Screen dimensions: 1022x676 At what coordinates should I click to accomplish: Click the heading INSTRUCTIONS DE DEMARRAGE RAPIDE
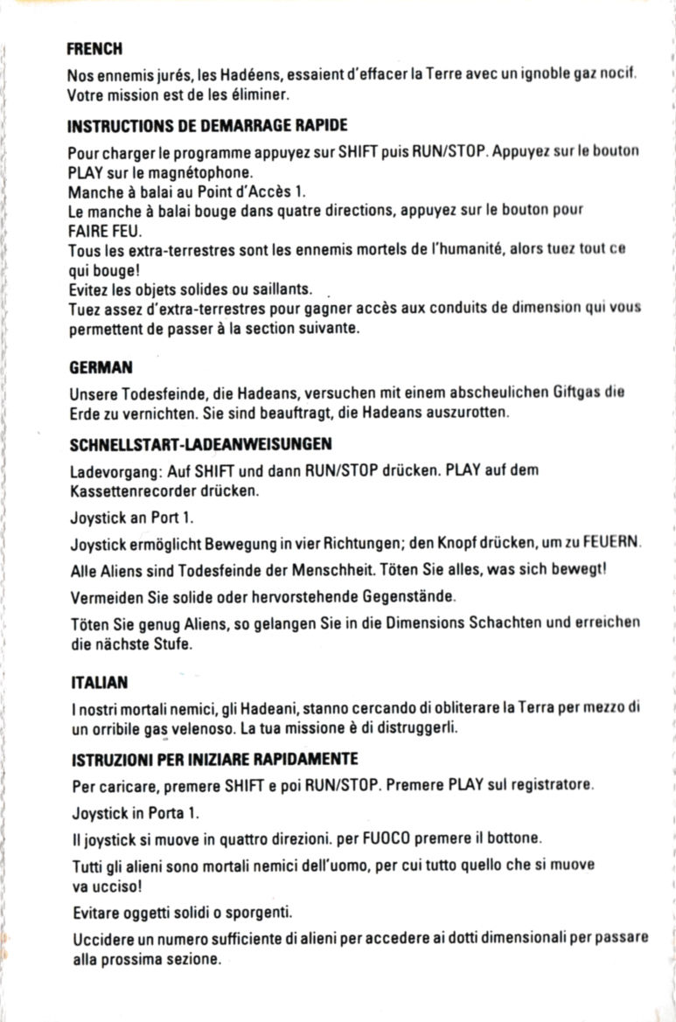click(x=208, y=126)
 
